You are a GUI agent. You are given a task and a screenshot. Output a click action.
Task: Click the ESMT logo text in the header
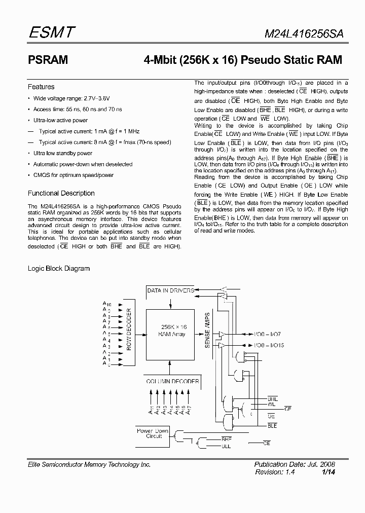(x=51, y=33)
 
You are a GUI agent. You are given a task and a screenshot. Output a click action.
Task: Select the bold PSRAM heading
(x=48, y=60)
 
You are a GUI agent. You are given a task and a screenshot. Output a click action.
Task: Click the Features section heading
(x=41, y=87)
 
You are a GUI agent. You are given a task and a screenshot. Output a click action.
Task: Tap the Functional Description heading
(x=61, y=193)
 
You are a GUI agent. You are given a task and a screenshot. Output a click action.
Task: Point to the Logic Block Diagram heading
(x=58, y=268)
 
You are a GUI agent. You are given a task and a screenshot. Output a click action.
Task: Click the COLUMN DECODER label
(x=173, y=381)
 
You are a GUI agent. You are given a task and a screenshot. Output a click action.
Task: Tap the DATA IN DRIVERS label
(x=170, y=290)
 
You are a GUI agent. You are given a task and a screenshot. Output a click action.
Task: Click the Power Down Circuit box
(x=154, y=433)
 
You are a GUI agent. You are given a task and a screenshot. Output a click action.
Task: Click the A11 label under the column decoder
(x=151, y=410)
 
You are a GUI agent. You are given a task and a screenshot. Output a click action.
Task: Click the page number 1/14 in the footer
(x=328, y=472)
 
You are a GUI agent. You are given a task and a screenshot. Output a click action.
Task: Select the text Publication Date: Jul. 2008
(x=294, y=464)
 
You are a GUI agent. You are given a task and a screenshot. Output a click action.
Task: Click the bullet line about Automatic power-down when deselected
(x=83, y=164)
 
